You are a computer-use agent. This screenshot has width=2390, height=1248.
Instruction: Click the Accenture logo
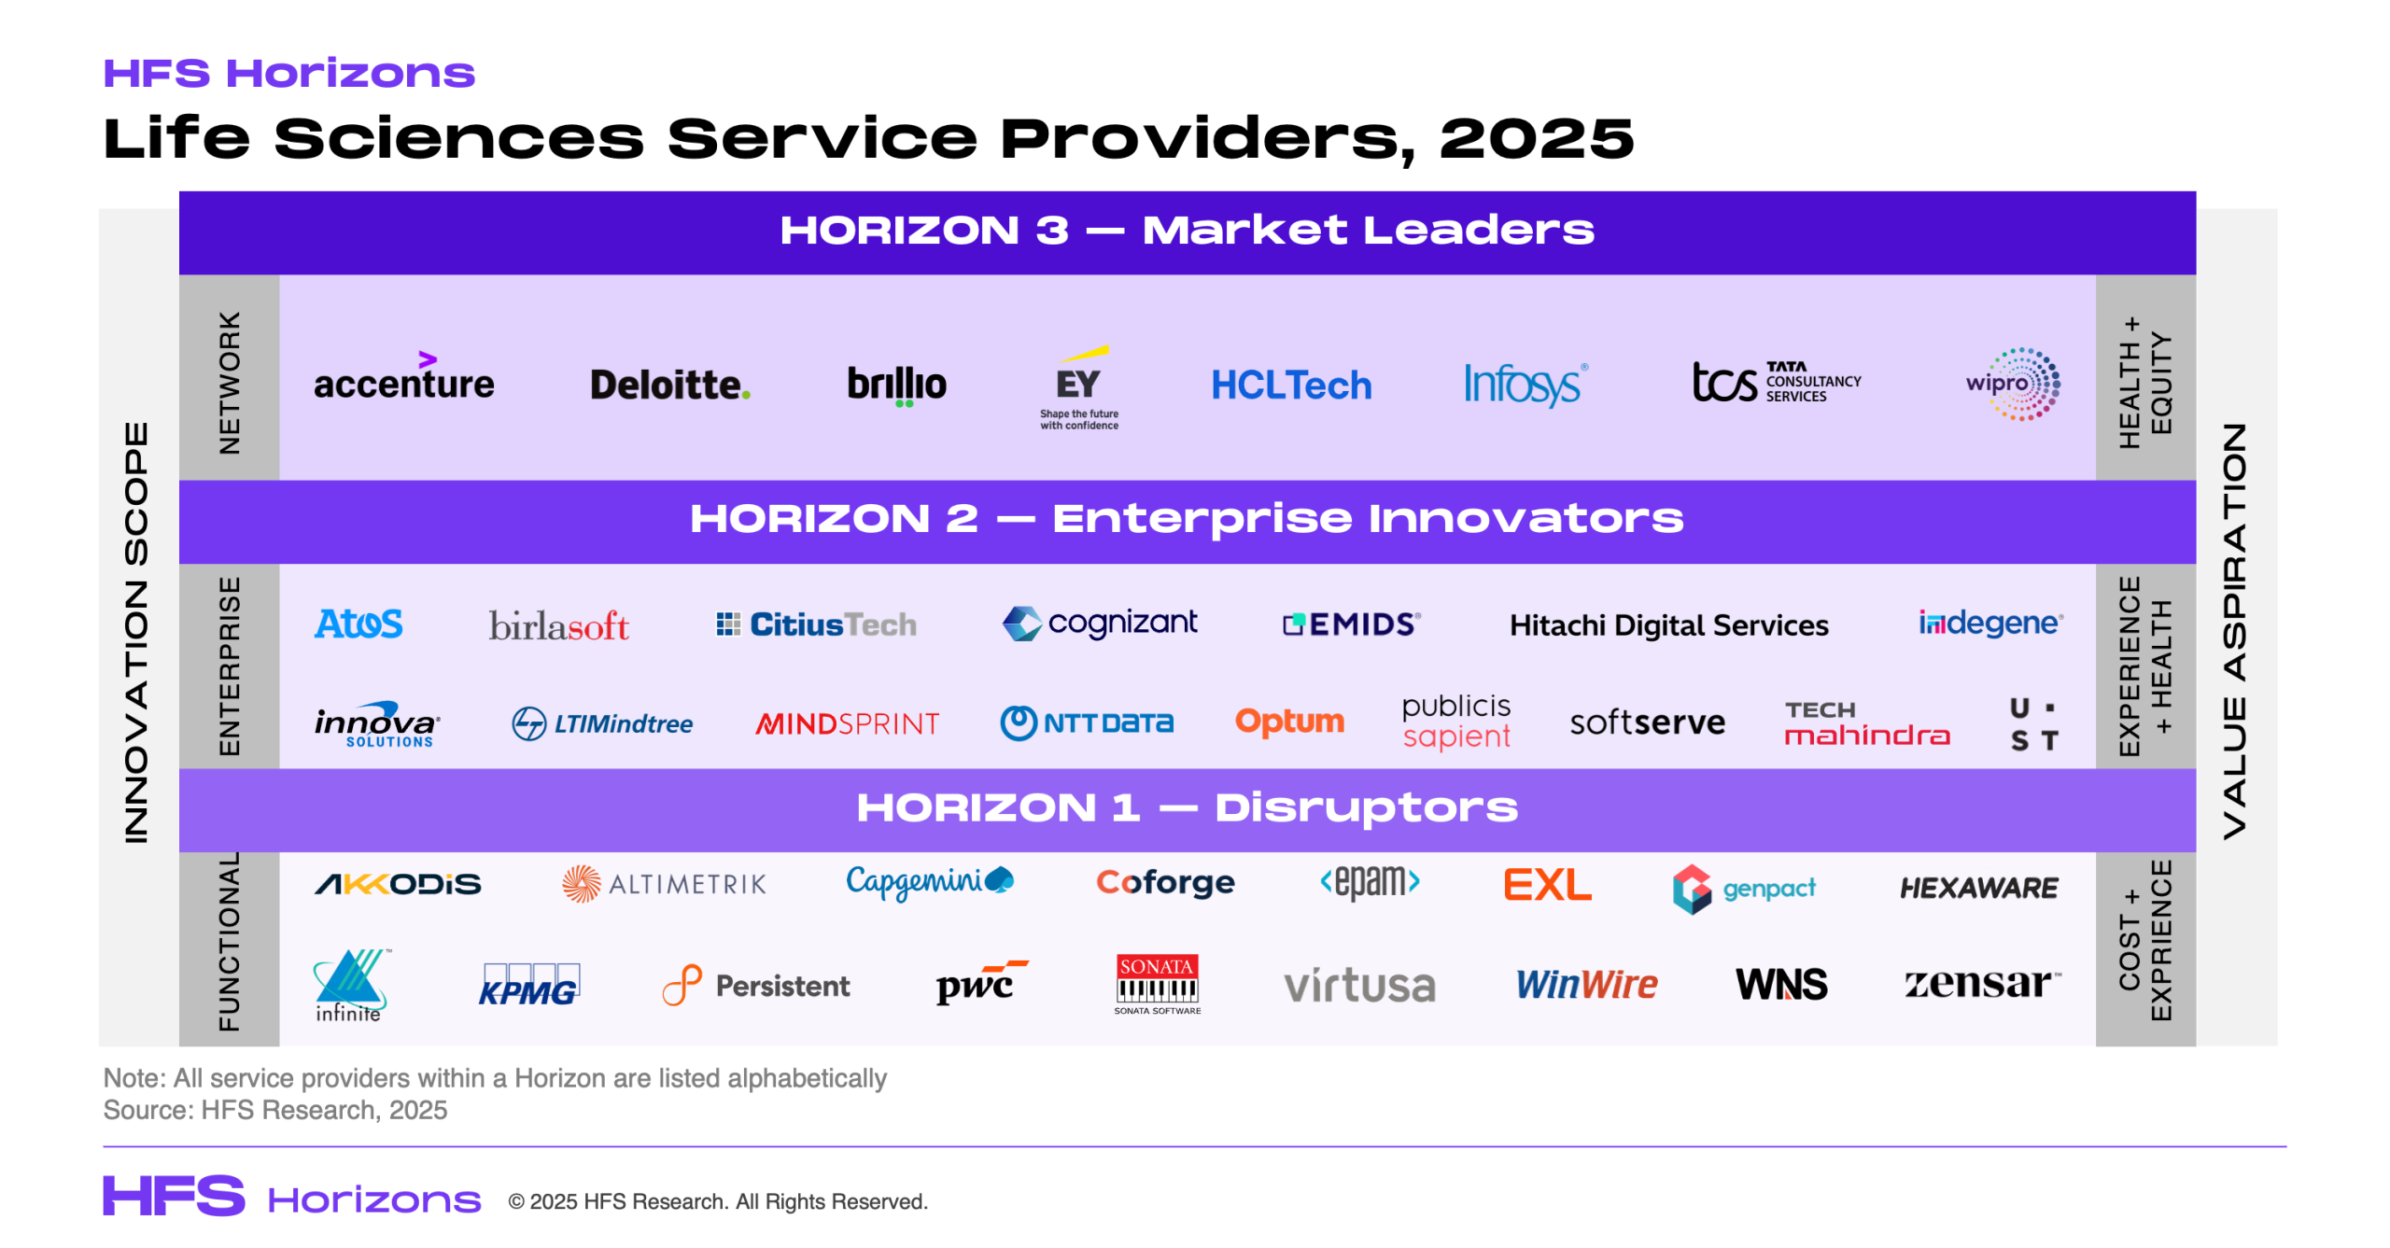(403, 381)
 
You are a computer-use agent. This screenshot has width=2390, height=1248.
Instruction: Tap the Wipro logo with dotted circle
(2015, 384)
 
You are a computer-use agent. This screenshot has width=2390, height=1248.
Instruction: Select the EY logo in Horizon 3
(1078, 386)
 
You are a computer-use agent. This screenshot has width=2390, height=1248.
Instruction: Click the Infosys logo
(1524, 384)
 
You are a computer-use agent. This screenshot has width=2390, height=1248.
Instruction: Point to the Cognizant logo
(1100, 623)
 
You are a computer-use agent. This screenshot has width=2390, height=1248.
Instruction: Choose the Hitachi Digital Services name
(1668, 624)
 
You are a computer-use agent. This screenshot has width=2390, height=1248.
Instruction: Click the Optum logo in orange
(1289, 721)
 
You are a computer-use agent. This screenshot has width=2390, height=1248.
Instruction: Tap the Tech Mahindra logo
(1866, 723)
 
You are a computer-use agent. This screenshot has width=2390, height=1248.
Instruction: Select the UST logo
(2033, 723)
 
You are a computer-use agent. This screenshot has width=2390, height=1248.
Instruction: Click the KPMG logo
(528, 985)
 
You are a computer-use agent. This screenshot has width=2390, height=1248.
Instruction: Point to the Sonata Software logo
(1157, 983)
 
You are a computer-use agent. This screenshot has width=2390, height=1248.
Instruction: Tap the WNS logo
(1780, 984)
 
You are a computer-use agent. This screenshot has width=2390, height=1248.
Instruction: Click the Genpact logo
(1744, 888)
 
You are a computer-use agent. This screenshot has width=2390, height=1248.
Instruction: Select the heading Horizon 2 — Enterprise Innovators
(1186, 519)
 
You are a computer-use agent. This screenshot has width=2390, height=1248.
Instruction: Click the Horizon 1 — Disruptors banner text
(1186, 808)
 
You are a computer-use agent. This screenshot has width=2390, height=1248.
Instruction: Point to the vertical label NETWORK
(229, 383)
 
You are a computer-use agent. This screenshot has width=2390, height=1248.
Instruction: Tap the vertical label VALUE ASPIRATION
(2234, 631)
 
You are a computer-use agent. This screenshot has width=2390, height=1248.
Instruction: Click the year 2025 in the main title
(1536, 138)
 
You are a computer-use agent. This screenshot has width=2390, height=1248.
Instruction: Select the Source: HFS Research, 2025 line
(275, 1110)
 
